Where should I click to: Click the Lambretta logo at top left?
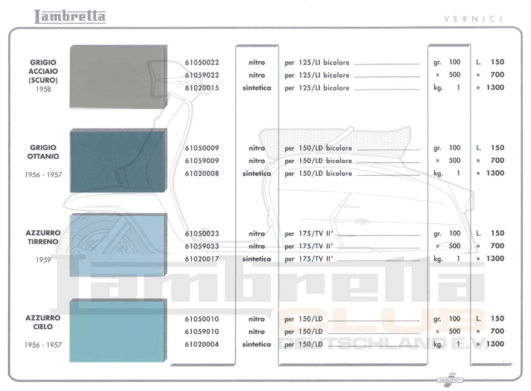70,16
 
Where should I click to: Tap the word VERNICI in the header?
474,18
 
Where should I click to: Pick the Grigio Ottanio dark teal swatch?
118,161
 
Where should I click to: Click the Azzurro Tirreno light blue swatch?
118,245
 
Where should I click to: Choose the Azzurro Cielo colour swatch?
118,331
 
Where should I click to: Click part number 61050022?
202,62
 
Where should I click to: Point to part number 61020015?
202,88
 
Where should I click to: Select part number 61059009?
202,161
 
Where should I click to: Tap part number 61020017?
202,259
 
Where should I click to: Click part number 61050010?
202,319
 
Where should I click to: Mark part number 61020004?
202,344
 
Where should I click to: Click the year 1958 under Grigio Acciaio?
43,90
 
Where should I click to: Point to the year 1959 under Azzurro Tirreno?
43,259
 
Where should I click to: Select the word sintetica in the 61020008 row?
257,173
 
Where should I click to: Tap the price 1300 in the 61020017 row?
495,259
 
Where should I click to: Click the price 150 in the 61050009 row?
497,148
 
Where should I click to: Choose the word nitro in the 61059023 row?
257,246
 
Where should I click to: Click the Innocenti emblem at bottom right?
450,378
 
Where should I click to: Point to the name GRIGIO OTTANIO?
43,151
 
